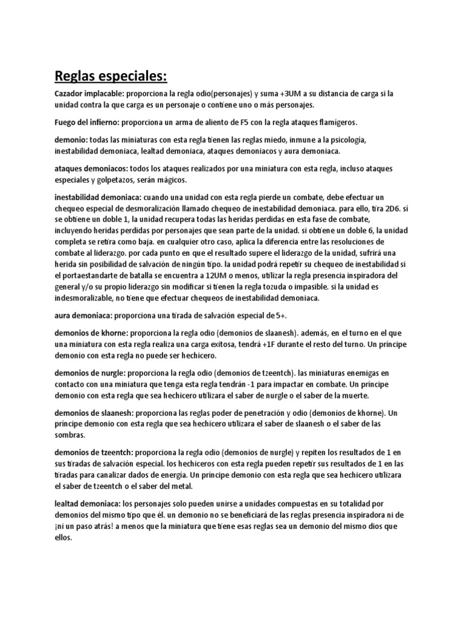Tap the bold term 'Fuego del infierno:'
pos(86,122)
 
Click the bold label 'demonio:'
pos(71,140)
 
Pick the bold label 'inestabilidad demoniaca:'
pos(98,198)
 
